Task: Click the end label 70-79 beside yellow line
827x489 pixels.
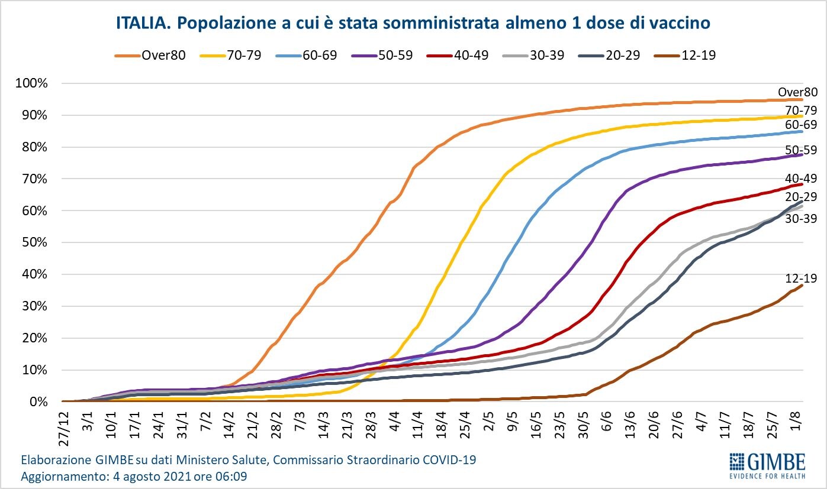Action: coord(801,109)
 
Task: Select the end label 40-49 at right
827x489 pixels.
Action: coord(801,178)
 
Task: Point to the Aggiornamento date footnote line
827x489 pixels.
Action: coord(134,475)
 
